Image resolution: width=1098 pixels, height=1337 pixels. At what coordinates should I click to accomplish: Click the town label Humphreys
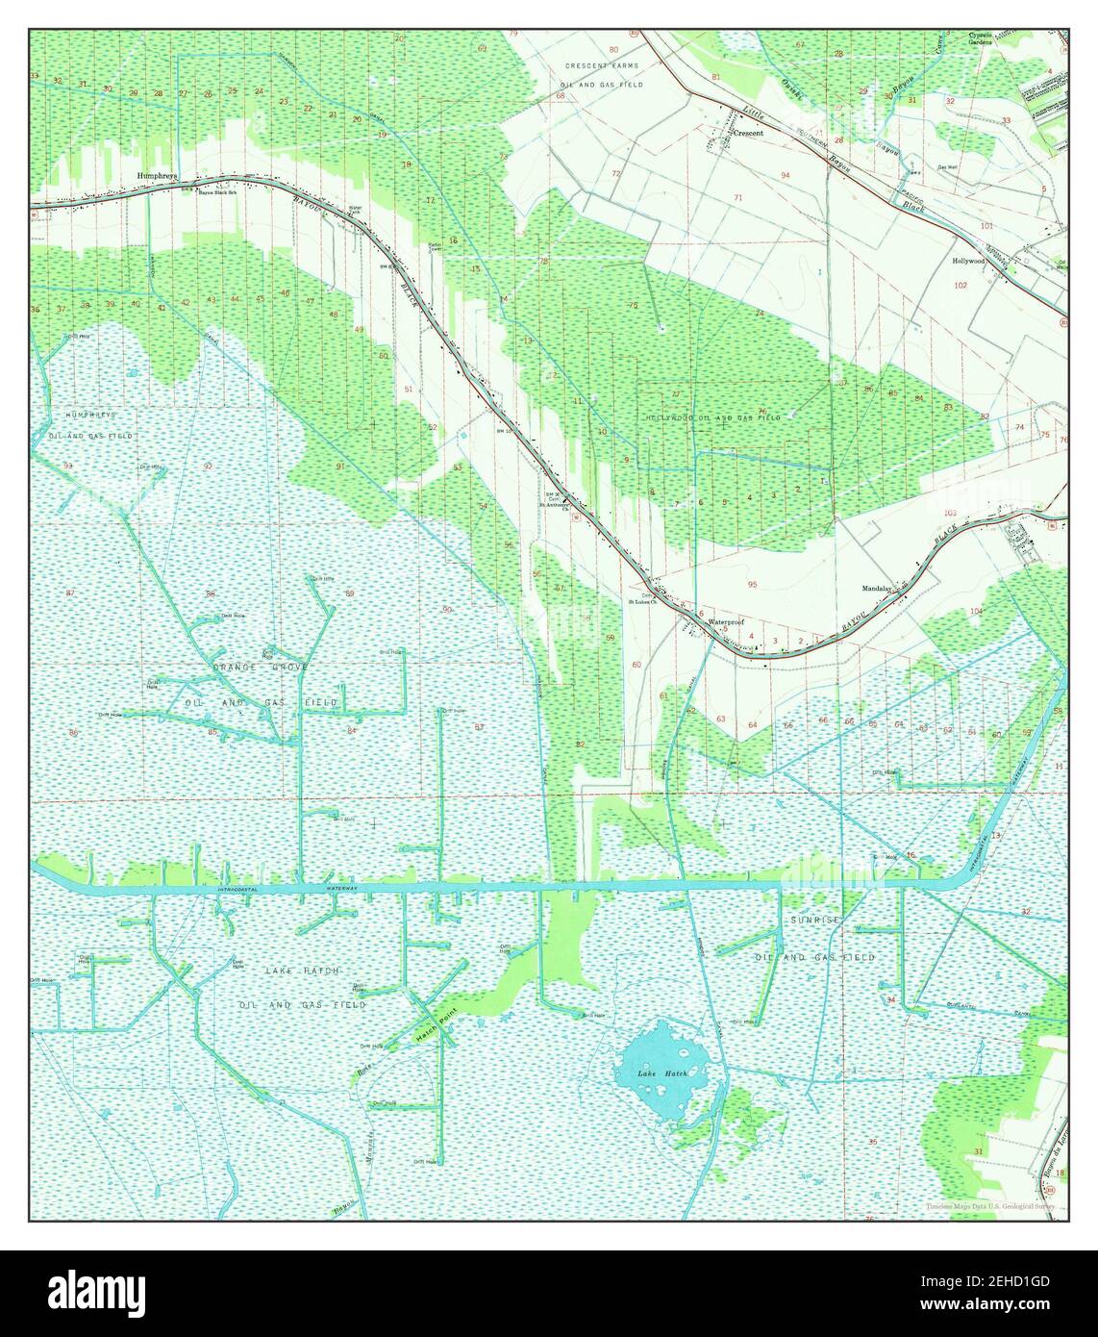[x=158, y=176]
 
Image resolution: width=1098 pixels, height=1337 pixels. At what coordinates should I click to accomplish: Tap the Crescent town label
[x=748, y=134]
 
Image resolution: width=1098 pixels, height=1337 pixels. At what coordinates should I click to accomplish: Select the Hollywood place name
[x=968, y=261]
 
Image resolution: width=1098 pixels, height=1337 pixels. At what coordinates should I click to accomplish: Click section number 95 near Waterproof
[x=752, y=584]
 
